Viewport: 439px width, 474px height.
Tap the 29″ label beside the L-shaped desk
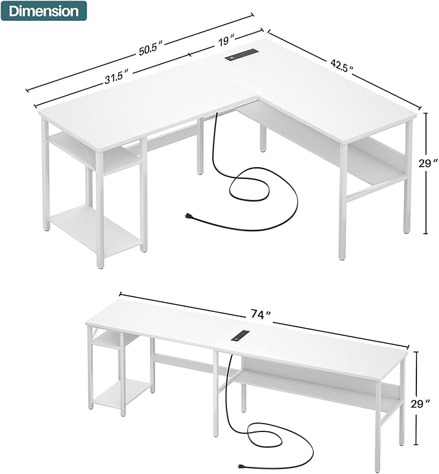point(425,164)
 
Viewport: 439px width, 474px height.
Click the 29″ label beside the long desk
point(420,404)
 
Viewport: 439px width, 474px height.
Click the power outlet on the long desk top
point(240,337)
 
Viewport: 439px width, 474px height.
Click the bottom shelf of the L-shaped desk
point(96,230)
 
